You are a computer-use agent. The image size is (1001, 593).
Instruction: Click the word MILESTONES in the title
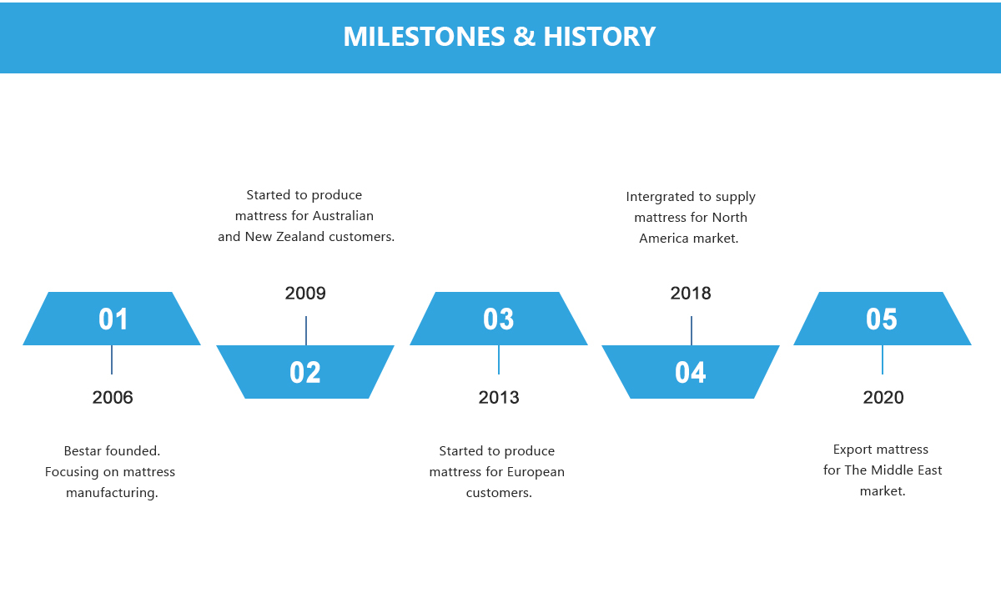[x=424, y=36]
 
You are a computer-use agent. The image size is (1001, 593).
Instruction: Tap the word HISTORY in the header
[x=599, y=36]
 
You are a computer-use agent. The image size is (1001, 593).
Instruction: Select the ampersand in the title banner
[x=524, y=36]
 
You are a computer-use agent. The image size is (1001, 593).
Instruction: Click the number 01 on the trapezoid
[x=113, y=319]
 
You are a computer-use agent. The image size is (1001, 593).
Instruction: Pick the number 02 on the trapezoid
[x=305, y=372]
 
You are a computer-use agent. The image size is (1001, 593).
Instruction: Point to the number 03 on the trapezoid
[x=498, y=319]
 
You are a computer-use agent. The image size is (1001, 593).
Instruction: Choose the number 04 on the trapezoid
[x=691, y=372]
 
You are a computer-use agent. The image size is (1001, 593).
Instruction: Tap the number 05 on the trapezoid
[x=882, y=319]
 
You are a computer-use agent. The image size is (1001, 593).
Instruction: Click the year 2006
[x=113, y=397]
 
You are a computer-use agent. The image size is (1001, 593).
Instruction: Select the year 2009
[x=305, y=293]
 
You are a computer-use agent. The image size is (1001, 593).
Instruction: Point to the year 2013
[x=499, y=397]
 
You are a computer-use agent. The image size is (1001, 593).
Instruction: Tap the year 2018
[x=691, y=293]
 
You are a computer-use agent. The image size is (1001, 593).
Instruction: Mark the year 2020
[x=883, y=397]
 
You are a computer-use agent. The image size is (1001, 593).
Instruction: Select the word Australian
[x=343, y=216]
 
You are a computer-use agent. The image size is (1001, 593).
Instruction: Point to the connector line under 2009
[x=306, y=330]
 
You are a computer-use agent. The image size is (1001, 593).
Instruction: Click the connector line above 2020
[x=883, y=359]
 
